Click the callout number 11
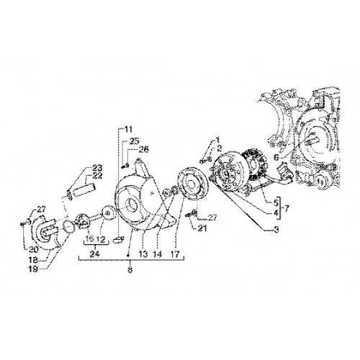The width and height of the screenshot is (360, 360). click(128, 130)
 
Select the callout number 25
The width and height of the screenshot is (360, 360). click(134, 141)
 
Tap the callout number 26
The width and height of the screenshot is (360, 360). click(143, 149)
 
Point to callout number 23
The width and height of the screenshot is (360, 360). click(96, 168)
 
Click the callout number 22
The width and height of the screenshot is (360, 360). click(96, 176)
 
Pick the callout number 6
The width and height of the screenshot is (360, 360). click(276, 158)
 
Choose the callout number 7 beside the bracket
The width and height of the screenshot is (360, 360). click(286, 209)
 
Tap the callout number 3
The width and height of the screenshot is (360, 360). click(276, 230)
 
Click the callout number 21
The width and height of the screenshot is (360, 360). click(202, 228)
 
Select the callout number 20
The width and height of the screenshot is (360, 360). click(34, 250)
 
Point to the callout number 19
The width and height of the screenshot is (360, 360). click(33, 269)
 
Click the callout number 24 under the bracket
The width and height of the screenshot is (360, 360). click(95, 254)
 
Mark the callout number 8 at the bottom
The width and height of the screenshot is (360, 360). click(130, 269)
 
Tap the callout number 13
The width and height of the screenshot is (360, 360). click(143, 254)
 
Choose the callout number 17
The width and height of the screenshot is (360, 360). click(176, 254)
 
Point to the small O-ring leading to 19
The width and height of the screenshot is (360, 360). click(68, 226)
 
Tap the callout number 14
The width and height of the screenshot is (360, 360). click(157, 254)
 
